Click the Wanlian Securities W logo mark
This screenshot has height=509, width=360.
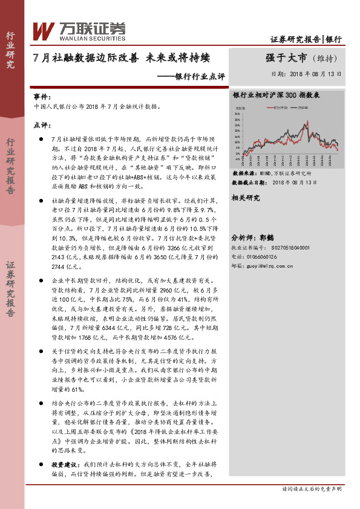[44, 30]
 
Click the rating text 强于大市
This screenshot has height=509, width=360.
[286, 58]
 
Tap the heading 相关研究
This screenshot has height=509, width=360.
[246, 198]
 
